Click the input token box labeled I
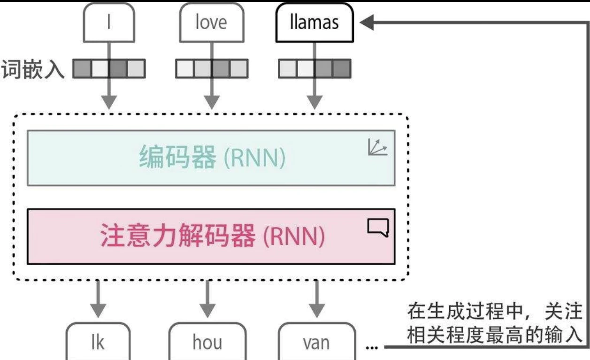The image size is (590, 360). pyautogui.click(x=108, y=23)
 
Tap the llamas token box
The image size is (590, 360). pyautogui.click(x=314, y=23)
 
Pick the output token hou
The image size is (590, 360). pyautogui.click(x=207, y=343)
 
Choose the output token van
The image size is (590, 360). pyautogui.click(x=316, y=343)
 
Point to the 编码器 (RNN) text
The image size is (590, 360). pyautogui.click(x=212, y=158)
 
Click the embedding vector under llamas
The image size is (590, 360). pyautogui.click(x=314, y=69)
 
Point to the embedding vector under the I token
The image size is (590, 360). pyautogui.click(x=109, y=69)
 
